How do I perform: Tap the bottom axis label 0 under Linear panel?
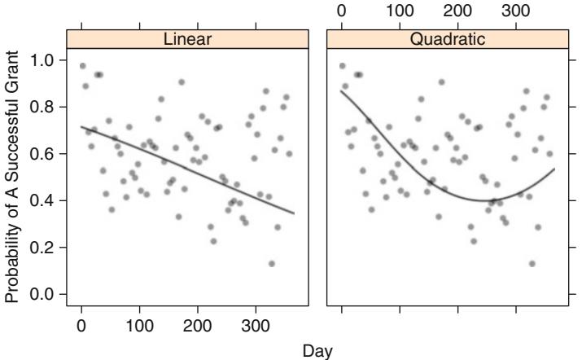(x=81, y=327)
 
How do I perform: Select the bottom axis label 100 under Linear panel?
(x=139, y=327)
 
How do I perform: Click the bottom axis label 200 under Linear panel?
(x=198, y=327)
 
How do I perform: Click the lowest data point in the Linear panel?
(x=271, y=263)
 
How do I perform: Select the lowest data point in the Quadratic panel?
(x=532, y=263)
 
